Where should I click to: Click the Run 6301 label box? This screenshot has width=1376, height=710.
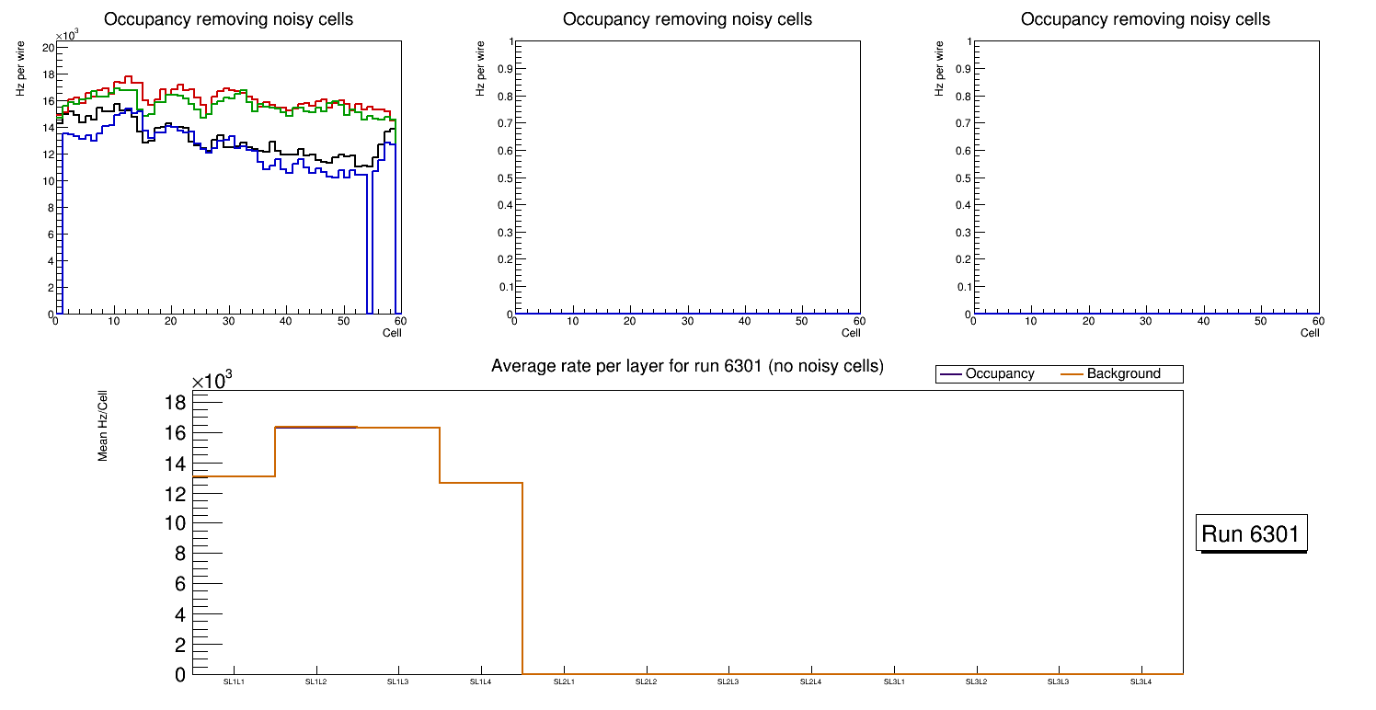(1251, 533)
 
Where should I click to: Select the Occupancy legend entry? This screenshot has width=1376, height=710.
(999, 374)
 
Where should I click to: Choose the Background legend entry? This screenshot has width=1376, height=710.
(1123, 374)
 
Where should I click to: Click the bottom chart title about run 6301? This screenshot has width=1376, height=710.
(687, 366)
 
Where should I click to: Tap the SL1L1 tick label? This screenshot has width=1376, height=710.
(234, 681)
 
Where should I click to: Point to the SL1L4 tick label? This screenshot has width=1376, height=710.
(481, 681)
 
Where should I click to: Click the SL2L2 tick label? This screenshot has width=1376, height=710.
(647, 681)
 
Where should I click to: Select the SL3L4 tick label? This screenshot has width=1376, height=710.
(1141, 681)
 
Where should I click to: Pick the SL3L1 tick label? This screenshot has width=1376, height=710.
(894, 681)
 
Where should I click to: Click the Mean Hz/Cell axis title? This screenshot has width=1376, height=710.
(103, 426)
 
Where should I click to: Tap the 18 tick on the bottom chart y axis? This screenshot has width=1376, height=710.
(175, 403)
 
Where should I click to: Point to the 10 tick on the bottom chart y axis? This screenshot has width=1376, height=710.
(175, 523)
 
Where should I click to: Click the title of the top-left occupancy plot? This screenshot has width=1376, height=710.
(228, 19)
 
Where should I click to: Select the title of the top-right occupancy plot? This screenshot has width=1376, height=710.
(1145, 19)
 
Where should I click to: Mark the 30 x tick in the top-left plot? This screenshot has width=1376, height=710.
(227, 322)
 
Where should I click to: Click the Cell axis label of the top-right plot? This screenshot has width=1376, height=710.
(1310, 333)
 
